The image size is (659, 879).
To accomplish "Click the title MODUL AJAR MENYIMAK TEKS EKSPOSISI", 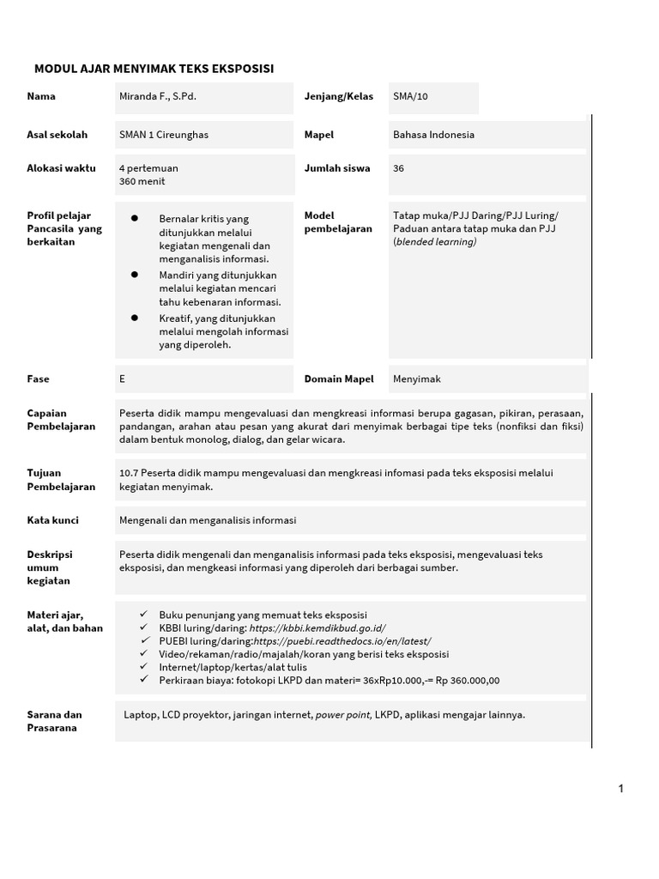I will [154, 68].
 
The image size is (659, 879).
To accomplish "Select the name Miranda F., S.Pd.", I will [158, 96].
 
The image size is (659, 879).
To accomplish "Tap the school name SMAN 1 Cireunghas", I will [164, 135].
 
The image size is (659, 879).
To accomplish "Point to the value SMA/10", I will [410, 96].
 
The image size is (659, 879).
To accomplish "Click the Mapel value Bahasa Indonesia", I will [433, 135].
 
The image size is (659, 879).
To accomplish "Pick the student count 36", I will [399, 168].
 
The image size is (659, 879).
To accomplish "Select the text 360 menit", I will [142, 182].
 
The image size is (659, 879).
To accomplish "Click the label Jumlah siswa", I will [337, 168].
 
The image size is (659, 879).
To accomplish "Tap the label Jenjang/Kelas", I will [339, 96].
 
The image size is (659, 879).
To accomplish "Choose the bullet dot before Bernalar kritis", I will [135, 219].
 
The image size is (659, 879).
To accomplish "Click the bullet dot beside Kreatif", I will [135, 318].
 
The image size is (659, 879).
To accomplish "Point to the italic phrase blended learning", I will [436, 242].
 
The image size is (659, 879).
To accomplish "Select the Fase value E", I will [123, 378].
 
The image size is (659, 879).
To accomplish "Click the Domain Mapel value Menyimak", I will [417, 378].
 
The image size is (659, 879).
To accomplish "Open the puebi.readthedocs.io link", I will [342, 641].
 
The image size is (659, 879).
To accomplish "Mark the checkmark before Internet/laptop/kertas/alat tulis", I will [144, 667].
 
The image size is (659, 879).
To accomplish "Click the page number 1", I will [620, 789].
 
